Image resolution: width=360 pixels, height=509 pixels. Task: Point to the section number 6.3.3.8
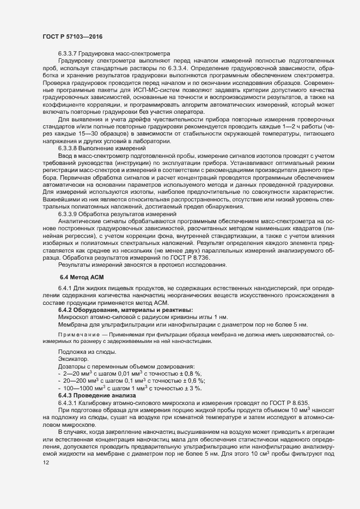click(70, 148)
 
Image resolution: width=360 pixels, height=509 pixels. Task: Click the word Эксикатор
click(72, 366)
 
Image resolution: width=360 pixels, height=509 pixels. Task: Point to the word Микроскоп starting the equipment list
click(75, 332)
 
